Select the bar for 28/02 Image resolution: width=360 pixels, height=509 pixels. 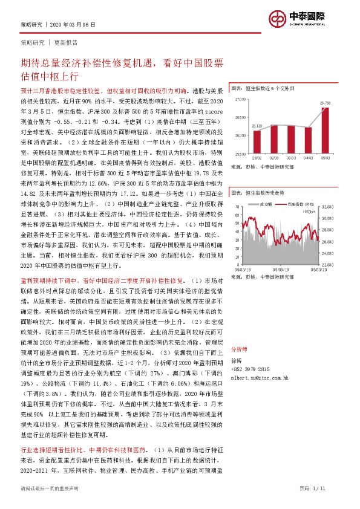coord(257,142)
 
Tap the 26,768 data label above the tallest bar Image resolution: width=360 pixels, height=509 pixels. coord(325,104)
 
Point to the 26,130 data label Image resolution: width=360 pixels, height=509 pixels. coord(257,126)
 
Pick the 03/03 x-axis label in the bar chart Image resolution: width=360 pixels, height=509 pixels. coord(292,157)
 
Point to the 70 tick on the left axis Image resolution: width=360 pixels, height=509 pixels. coord(238,207)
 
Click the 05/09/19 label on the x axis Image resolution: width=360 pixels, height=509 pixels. coord(280,270)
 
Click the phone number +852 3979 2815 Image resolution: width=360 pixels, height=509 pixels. coord(252,368)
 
